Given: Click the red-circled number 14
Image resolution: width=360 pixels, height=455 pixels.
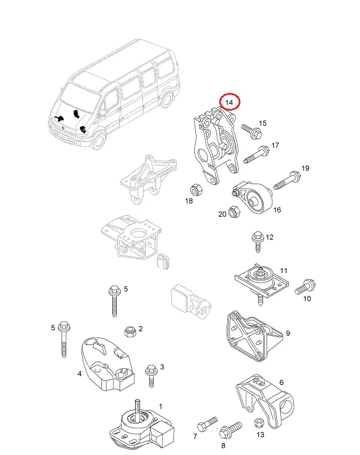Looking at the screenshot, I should click(x=230, y=102).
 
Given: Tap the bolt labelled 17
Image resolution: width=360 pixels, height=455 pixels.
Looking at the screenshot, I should click(x=257, y=154).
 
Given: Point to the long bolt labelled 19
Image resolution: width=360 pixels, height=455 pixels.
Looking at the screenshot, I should click(x=288, y=179).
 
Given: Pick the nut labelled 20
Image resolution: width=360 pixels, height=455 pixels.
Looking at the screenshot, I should click(x=233, y=210).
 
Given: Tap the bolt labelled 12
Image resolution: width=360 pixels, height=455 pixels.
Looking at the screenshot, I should click(x=256, y=240).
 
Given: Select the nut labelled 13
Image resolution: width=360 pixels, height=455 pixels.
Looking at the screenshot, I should click(x=257, y=423).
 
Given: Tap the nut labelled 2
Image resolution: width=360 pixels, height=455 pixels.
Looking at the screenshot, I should click(x=129, y=331).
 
